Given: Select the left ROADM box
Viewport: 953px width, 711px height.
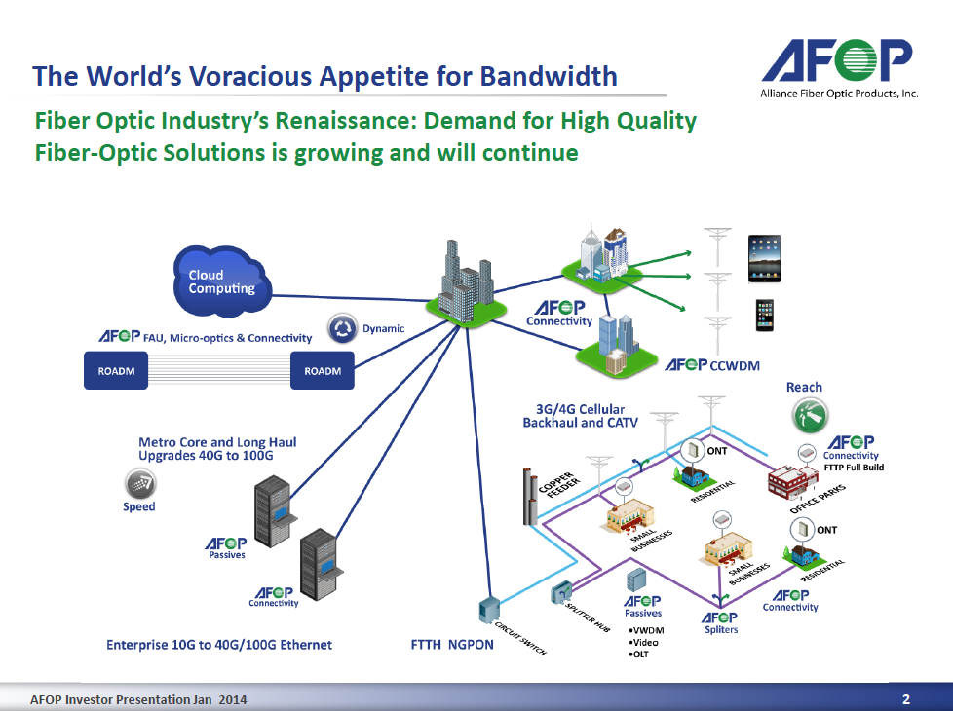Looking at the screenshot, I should pyautogui.click(x=116, y=371).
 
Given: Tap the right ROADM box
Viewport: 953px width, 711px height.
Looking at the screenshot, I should pyautogui.click(x=323, y=371).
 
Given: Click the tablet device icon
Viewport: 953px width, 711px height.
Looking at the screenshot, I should pyautogui.click(x=765, y=258).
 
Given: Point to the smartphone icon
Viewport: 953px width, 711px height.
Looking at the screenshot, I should pyautogui.click(x=765, y=316).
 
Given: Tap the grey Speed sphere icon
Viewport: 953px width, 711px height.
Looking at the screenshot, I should pyautogui.click(x=138, y=483).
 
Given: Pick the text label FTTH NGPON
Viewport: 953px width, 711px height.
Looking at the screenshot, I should pyautogui.click(x=453, y=644).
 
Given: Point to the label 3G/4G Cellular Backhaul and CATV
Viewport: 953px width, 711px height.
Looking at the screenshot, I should pyautogui.click(x=574, y=416).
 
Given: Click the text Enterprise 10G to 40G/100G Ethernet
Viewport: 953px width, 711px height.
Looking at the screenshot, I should pyautogui.click(x=219, y=644).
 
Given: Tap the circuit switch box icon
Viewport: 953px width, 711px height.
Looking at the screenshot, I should pyautogui.click(x=487, y=610).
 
